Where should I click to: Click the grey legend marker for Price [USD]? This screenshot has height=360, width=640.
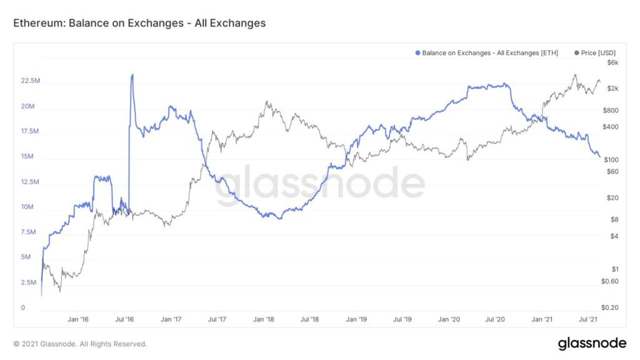(x=576, y=53)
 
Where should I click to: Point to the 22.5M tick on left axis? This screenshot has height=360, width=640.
(x=31, y=81)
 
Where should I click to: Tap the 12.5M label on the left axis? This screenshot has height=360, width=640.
(x=31, y=182)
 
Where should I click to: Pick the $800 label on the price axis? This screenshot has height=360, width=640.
(x=611, y=111)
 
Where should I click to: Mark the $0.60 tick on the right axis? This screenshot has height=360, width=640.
(x=611, y=281)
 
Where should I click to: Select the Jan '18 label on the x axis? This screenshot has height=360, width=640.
(x=263, y=319)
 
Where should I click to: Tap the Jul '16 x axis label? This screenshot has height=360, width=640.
(x=125, y=319)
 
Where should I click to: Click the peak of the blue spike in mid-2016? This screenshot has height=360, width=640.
(x=132, y=75)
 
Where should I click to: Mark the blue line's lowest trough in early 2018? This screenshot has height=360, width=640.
(x=279, y=218)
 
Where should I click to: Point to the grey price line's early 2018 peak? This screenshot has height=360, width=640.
(x=267, y=101)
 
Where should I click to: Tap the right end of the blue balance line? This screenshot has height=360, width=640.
(x=599, y=157)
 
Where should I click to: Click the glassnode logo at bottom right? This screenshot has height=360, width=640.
(x=591, y=343)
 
